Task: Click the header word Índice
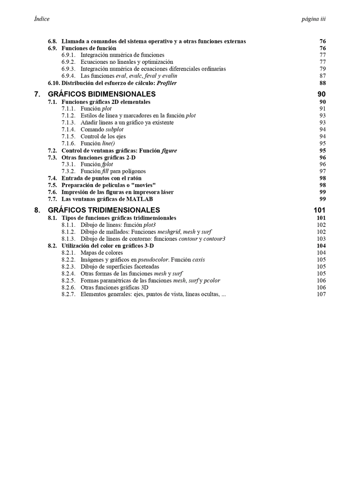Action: click(42, 19)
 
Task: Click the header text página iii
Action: click(314, 19)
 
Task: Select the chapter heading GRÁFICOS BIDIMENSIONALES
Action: click(102, 94)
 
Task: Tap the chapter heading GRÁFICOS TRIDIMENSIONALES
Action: click(104, 210)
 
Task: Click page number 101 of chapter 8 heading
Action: click(319, 210)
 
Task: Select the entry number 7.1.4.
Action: click(69, 130)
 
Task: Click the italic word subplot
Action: click(115, 130)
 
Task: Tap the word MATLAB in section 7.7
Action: click(139, 199)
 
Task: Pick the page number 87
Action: click(323, 76)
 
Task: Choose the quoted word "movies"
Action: click(143, 185)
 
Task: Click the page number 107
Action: click(321, 294)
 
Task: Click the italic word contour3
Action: click(214, 239)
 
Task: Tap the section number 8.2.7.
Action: click(69, 294)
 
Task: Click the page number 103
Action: click(321, 239)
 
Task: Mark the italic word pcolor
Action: click(211, 280)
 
